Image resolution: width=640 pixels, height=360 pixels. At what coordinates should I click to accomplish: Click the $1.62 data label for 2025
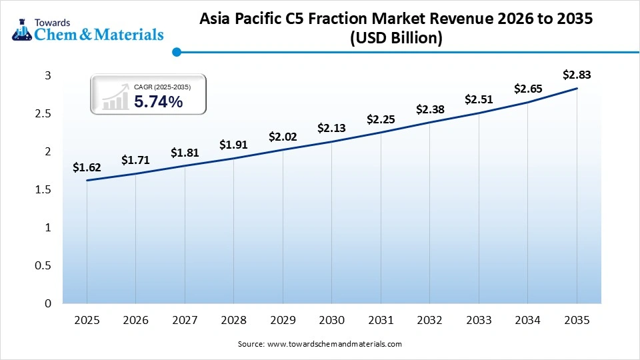tap(87, 168)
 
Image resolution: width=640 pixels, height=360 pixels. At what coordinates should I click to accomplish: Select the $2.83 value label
tap(577, 75)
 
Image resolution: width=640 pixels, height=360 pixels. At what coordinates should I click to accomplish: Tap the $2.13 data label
tap(331, 128)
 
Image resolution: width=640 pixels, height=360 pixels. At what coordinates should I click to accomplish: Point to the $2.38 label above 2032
tap(430, 109)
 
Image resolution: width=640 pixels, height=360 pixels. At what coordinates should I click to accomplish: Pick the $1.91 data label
tap(233, 145)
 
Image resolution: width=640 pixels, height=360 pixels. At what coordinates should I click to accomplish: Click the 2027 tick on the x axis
tap(185, 320)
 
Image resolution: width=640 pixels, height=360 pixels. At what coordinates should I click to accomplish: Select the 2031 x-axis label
tap(381, 320)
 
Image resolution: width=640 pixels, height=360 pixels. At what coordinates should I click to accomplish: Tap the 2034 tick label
tap(528, 320)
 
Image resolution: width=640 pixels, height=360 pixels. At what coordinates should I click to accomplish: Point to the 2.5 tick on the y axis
tap(43, 114)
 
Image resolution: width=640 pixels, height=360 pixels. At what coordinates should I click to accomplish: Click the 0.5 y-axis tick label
tap(43, 266)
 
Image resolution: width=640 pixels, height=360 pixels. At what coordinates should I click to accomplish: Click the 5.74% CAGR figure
tap(158, 102)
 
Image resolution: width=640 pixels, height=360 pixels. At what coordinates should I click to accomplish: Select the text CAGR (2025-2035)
tap(162, 87)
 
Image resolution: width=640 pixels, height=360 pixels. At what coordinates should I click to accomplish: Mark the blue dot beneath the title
tap(177, 52)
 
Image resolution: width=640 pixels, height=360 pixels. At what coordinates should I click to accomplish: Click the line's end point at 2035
tap(577, 88)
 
